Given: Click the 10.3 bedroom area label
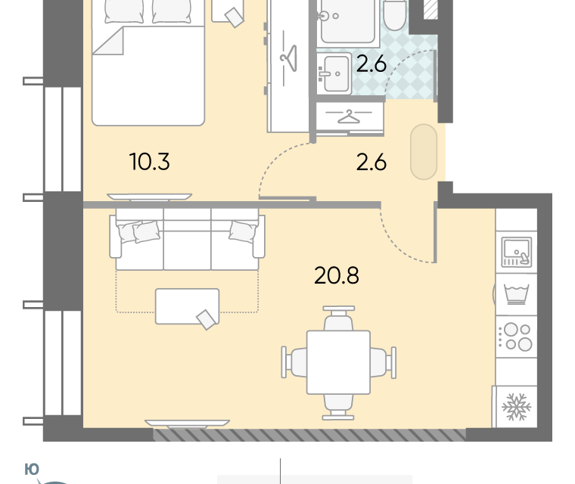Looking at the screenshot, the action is pyautogui.click(x=150, y=162).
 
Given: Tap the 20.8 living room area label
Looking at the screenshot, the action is pyautogui.click(x=337, y=275).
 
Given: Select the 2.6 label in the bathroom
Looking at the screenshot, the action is pyautogui.click(x=371, y=64).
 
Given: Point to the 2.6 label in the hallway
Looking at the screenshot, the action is pyautogui.click(x=371, y=162).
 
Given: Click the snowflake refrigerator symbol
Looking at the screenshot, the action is pyautogui.click(x=516, y=407).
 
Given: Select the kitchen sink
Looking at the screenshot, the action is pyautogui.click(x=517, y=253).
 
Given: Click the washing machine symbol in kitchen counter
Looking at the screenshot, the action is pyautogui.click(x=516, y=294).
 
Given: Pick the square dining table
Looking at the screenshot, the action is pyautogui.click(x=338, y=362).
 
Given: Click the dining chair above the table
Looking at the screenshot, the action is pyautogui.click(x=338, y=318).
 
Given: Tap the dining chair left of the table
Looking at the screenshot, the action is pyautogui.click(x=294, y=362).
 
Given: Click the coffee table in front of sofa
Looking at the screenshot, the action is pyautogui.click(x=188, y=306).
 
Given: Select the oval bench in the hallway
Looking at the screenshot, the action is pyautogui.click(x=424, y=152).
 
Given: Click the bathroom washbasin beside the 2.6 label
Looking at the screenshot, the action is pyautogui.click(x=334, y=73).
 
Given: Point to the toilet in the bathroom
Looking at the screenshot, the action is pyautogui.click(x=395, y=14).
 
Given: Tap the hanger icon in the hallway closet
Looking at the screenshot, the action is pyautogui.click(x=349, y=116).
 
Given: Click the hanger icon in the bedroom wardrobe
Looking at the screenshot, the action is pyautogui.click(x=288, y=58).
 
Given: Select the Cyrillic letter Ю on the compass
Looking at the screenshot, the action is pyautogui.click(x=32, y=470).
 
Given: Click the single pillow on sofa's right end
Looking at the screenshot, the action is pyautogui.click(x=242, y=231).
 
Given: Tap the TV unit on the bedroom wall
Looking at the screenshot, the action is pyautogui.click(x=149, y=197).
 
